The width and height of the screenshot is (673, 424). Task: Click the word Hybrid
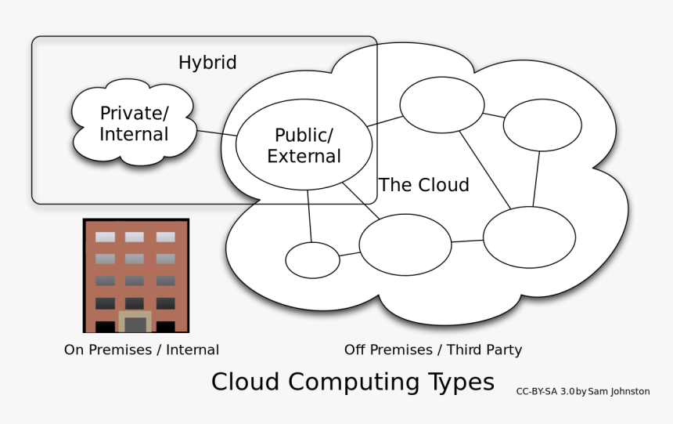point(207,63)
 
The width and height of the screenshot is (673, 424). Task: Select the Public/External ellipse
point(304,145)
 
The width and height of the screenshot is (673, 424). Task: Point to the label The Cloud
point(424,185)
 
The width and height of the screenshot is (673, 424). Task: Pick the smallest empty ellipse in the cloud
point(312,260)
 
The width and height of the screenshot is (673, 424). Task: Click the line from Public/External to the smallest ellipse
point(310,216)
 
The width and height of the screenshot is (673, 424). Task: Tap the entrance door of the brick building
point(135,324)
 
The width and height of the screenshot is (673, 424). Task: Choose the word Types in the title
point(461,382)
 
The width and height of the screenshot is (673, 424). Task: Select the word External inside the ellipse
point(304,157)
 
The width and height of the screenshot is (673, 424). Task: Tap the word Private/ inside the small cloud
point(134,113)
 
